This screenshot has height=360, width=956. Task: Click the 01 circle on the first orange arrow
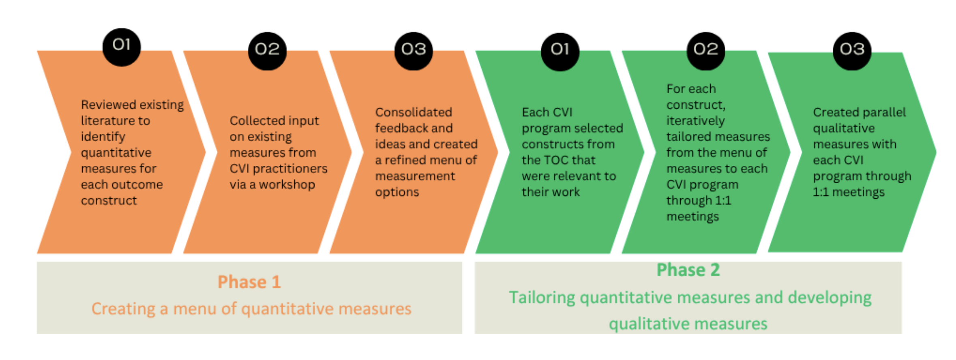[x=121, y=47]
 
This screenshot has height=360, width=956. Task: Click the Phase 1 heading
[x=249, y=282]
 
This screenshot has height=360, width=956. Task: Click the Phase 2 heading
[x=688, y=270]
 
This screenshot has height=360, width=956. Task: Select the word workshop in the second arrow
[x=287, y=184]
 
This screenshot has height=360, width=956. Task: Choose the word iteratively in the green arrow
[x=695, y=121]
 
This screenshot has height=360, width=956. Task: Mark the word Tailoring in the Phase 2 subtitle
[x=542, y=298]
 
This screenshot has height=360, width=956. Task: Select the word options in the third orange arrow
[x=397, y=192]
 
